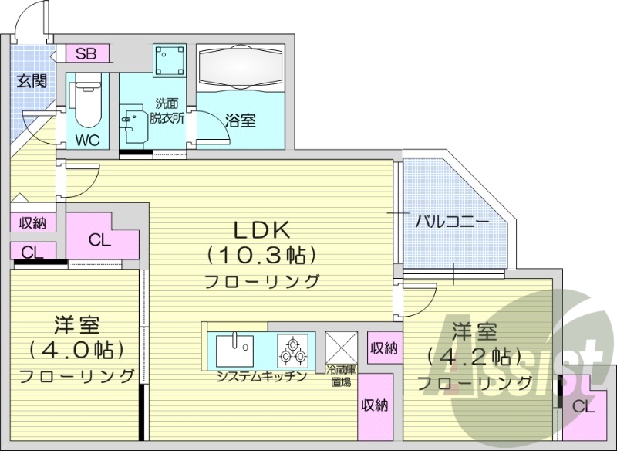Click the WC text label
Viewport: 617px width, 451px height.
coord(87,141)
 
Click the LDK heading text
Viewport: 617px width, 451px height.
coord(261,229)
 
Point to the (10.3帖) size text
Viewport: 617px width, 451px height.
coord(261,253)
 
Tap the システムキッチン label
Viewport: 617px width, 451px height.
coord(261,377)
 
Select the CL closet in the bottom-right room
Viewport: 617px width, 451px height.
coord(584,406)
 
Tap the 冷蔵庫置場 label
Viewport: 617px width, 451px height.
coord(341,375)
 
